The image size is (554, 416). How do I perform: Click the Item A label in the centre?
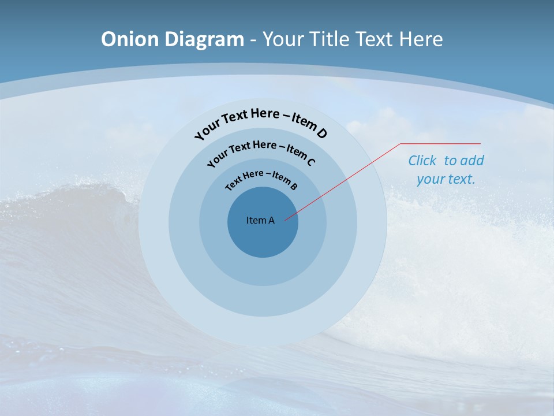click(x=260, y=220)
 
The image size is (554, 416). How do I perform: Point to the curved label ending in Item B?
click(x=261, y=179)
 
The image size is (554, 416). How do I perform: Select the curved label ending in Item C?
click(x=261, y=151)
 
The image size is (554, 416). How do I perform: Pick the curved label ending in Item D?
click(x=261, y=121)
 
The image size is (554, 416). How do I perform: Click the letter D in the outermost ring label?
click(x=321, y=133)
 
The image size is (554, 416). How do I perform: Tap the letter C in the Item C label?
click(x=310, y=161)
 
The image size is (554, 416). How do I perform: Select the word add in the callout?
click(x=473, y=161)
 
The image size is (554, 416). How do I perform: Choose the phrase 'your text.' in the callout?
click(x=446, y=179)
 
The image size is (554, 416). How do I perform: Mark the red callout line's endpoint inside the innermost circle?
click(x=285, y=220)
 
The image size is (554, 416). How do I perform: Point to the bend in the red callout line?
click(x=400, y=144)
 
